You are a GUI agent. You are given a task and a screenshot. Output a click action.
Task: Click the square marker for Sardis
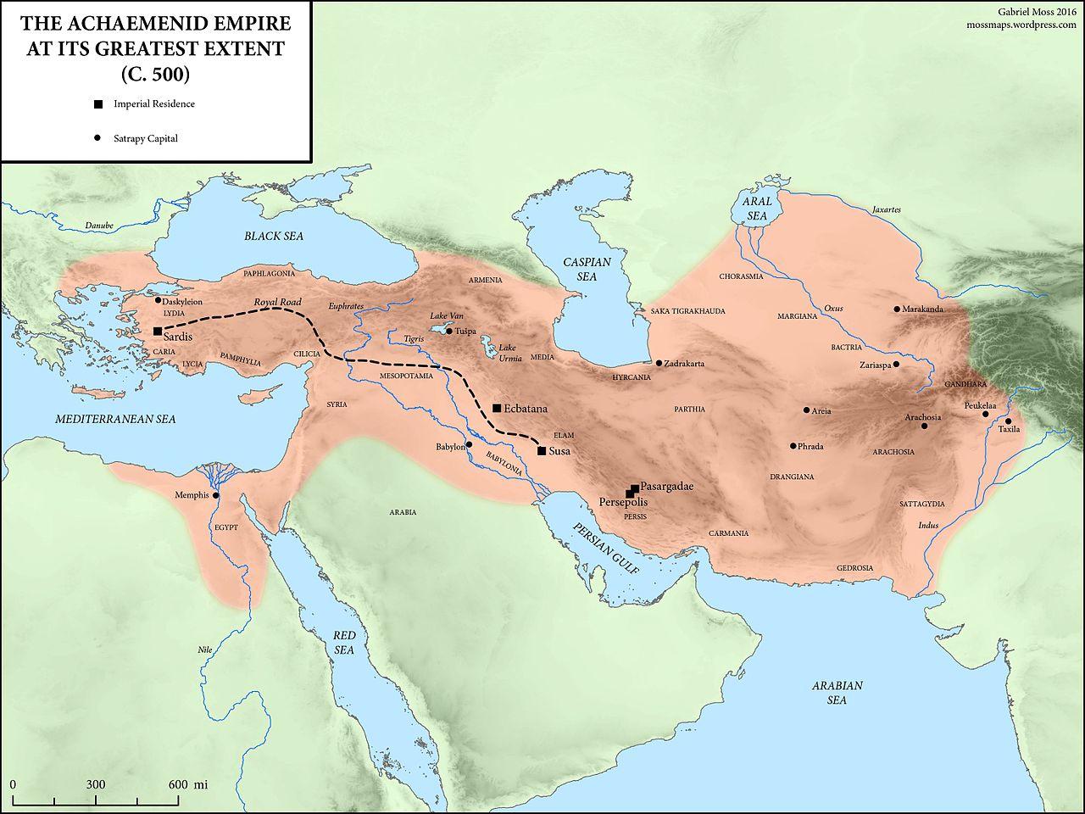pyautogui.click(x=158, y=332)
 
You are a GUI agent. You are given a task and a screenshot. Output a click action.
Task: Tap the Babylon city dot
pyautogui.click(x=469, y=444)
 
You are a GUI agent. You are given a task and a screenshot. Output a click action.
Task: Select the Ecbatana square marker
pyautogui.click(x=497, y=408)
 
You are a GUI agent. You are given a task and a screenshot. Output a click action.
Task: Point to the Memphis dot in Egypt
pyautogui.click(x=216, y=495)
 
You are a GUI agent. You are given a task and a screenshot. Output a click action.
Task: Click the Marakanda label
pyautogui.click(x=923, y=309)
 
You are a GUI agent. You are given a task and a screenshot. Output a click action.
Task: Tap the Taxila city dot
pyautogui.click(x=1009, y=421)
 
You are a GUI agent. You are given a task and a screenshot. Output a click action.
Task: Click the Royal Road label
pyautogui.click(x=277, y=302)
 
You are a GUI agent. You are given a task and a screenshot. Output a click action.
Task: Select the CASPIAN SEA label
pyautogui.click(x=587, y=270)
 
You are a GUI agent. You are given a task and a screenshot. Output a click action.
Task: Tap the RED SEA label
pyautogui.click(x=343, y=643)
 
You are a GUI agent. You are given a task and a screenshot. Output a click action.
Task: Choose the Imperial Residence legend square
pyautogui.click(x=98, y=104)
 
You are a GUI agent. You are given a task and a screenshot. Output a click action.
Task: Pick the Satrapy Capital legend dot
pyautogui.click(x=98, y=138)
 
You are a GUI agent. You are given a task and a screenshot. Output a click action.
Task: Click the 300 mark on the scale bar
pyautogui.click(x=95, y=784)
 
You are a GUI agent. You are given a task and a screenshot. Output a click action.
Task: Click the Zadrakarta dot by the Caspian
pyautogui.click(x=659, y=363)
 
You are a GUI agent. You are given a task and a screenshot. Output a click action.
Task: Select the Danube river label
pyautogui.click(x=98, y=226)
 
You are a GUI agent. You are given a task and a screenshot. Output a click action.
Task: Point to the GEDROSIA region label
pyautogui.click(x=854, y=567)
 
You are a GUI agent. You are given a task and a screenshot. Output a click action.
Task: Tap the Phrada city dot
pyautogui.click(x=793, y=446)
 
